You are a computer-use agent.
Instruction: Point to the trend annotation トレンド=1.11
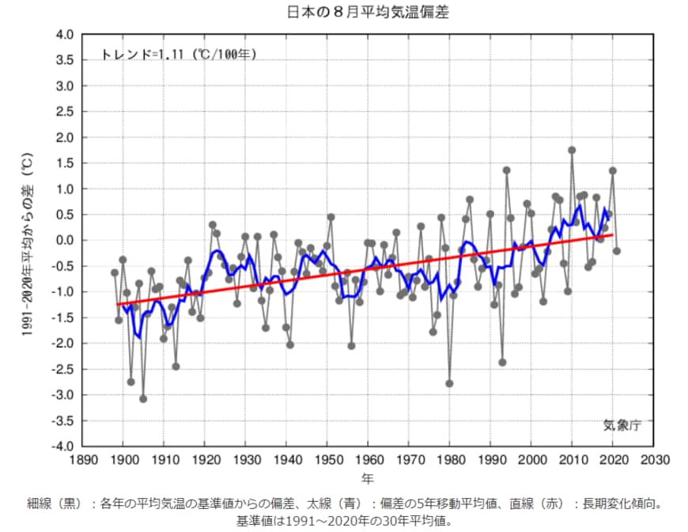coord(179,55)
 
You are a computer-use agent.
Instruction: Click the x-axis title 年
coord(368,478)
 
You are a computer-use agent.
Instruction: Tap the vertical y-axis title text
coord(25,241)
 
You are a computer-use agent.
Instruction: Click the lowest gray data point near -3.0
coord(143,399)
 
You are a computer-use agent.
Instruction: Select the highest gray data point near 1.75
coord(572,150)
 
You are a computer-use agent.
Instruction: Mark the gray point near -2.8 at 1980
coord(449,383)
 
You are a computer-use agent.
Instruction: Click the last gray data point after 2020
coord(617,251)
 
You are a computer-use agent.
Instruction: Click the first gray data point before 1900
coord(115,272)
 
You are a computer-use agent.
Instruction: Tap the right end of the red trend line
coord(613,234)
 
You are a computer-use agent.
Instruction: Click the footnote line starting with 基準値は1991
coord(343,520)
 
